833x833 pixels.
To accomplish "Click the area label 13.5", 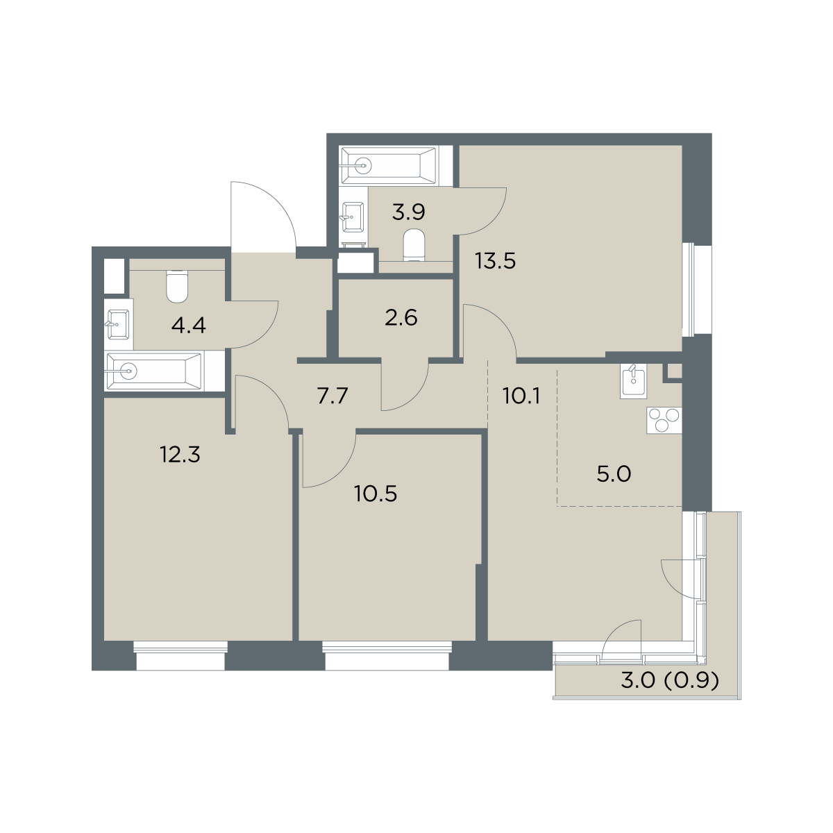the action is point(495,262).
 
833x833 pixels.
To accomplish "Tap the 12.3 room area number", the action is point(180,454).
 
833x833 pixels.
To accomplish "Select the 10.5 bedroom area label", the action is point(376,494).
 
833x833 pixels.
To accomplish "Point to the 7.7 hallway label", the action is point(333,396).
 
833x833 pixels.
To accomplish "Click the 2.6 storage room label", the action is point(401,318).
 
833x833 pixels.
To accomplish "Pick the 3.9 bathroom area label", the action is point(408,212).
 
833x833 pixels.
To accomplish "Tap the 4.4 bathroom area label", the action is point(189,326).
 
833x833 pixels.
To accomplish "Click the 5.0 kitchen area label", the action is point(614,474).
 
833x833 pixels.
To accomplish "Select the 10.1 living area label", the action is point(521,396).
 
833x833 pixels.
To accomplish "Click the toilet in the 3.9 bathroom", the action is point(414,246).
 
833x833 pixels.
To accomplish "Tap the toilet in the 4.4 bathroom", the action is point(177,286).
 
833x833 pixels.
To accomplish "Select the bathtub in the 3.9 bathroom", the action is point(388,166).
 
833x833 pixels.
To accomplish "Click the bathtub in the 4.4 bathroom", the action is point(154,371).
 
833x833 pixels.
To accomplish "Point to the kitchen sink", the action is point(633,381).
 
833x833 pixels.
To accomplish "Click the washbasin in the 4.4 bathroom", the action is point(117,325).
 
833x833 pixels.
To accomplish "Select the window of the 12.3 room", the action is point(180,656).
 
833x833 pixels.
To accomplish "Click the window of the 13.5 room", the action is point(697,289).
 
